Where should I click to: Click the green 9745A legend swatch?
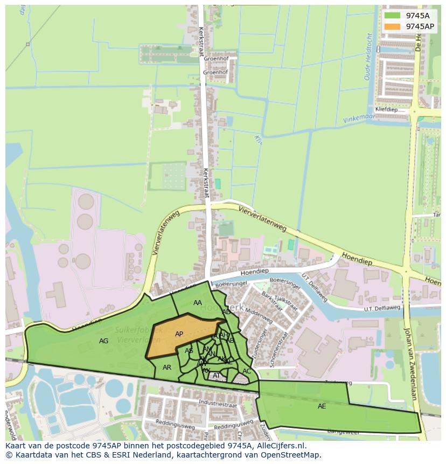pyautogui.click(x=393, y=16)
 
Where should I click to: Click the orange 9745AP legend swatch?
pyautogui.click(x=393, y=26)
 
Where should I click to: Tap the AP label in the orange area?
pyautogui.click(x=179, y=334)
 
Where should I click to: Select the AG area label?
pyautogui.click(x=104, y=341)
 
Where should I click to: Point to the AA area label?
pyautogui.click(x=198, y=303)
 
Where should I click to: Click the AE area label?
pyautogui.click(x=322, y=406)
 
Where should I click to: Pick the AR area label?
pyautogui.click(x=167, y=368)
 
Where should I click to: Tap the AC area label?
pyautogui.click(x=247, y=371)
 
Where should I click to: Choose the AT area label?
pyautogui.click(x=217, y=376)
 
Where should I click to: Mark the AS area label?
pyautogui.click(x=189, y=351)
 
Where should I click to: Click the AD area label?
pyautogui.click(x=227, y=312)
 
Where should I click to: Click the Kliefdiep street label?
pyautogui.click(x=386, y=108)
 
